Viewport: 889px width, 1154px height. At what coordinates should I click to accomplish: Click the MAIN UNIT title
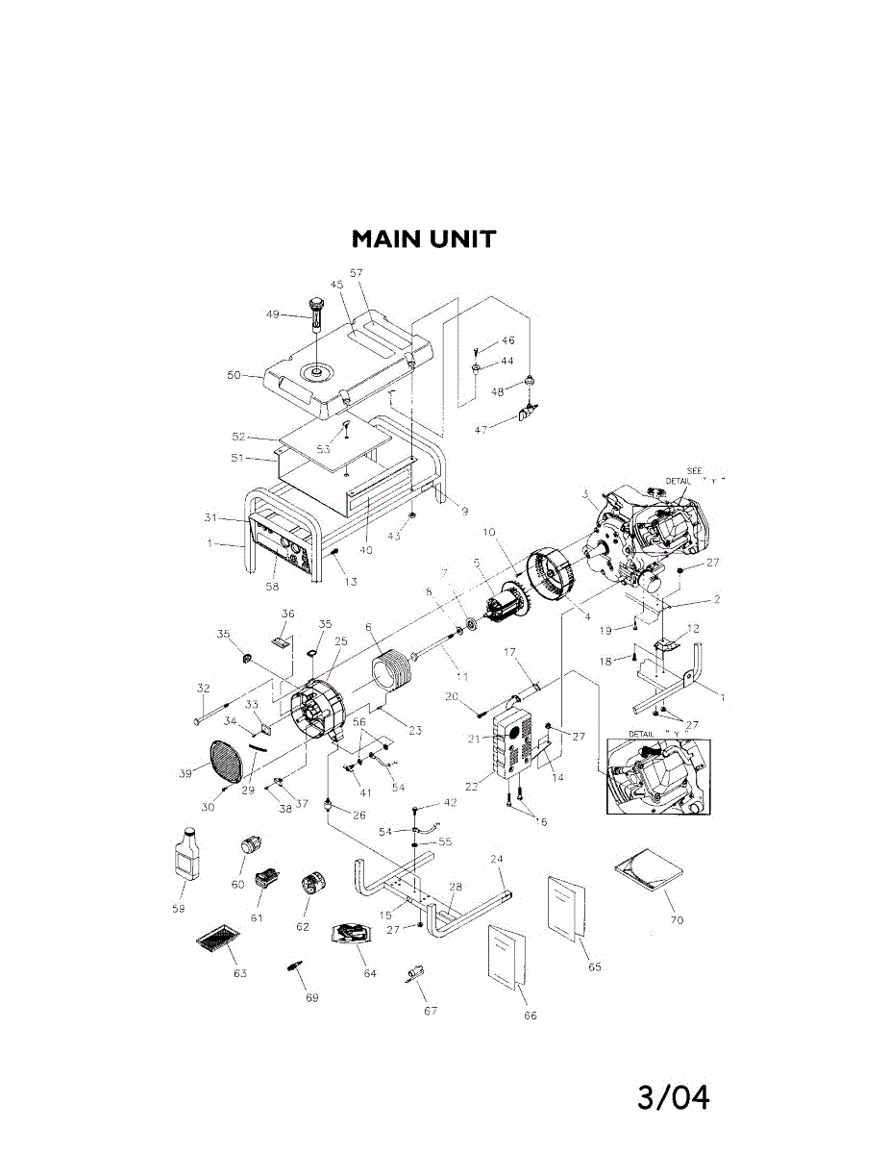[423, 238]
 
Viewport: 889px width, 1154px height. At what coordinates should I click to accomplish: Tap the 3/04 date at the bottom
[673, 1096]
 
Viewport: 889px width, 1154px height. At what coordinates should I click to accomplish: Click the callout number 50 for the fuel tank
[234, 375]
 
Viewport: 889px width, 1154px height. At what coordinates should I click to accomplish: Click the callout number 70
[677, 920]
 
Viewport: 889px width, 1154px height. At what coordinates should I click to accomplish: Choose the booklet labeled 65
[567, 906]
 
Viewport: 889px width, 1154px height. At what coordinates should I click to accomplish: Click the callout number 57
[356, 272]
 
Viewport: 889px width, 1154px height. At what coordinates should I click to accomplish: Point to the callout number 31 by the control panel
[212, 517]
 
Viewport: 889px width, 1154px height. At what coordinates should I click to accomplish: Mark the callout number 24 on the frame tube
[497, 859]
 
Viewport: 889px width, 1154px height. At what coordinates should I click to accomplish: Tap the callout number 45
[336, 285]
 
